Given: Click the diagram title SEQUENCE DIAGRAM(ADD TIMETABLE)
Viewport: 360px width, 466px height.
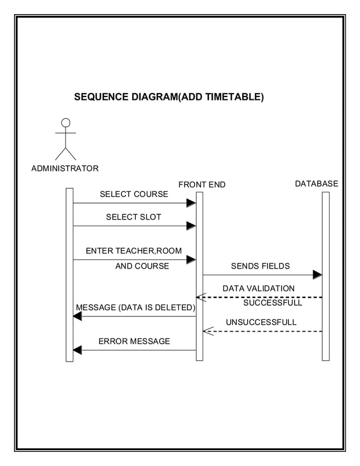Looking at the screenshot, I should (169, 97).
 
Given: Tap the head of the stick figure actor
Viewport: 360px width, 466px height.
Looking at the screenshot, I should (65, 122).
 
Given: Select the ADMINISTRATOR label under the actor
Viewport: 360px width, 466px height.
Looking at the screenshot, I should (65, 168).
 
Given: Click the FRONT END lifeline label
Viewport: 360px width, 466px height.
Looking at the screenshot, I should (201, 184).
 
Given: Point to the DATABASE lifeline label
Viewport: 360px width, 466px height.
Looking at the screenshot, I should (317, 183).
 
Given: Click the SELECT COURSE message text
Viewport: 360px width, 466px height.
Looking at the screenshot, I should (134, 194).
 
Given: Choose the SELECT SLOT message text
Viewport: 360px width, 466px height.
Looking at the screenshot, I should (133, 217).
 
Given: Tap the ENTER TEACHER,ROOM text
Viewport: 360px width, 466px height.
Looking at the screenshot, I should (133, 250).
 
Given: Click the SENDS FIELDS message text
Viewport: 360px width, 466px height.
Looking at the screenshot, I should (260, 266).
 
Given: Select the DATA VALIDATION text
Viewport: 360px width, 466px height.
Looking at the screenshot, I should (258, 288).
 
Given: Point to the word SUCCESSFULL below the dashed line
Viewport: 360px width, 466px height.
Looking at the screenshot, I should (273, 303).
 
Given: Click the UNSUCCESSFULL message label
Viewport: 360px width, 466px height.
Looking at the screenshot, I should (261, 322).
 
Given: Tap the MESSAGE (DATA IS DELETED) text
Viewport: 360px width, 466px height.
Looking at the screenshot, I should (135, 307).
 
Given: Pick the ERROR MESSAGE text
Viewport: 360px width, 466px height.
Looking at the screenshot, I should (134, 341).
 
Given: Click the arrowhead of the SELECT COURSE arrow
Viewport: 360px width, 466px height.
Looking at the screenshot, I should (191, 203).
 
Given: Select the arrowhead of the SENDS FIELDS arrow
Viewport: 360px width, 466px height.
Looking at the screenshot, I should (317, 275).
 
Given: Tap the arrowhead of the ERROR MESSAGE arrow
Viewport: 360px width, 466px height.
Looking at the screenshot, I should (77, 350).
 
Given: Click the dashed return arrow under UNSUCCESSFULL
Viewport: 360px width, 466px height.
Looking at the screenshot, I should (262, 332).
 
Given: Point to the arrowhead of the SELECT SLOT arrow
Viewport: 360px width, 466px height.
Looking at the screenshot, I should (191, 226).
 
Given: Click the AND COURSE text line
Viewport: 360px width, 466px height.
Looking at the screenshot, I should (142, 266).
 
